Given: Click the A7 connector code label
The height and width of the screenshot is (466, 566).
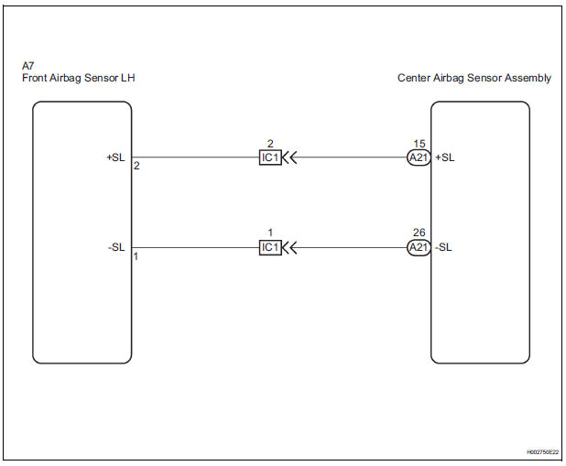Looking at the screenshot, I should [27, 66].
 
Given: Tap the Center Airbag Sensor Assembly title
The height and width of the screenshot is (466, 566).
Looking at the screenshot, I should [474, 79].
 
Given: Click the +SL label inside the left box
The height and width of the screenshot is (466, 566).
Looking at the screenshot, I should [115, 157].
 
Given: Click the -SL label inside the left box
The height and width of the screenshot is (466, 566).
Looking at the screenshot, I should [116, 247].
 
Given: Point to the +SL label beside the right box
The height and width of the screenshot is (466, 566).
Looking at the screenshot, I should [444, 157].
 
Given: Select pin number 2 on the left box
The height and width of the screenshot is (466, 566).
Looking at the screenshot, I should [136, 167].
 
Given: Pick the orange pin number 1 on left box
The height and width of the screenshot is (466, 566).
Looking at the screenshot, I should [136, 257].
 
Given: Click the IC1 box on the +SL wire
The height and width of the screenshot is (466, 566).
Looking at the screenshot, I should [270, 157].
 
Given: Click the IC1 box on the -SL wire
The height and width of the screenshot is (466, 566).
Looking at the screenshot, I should [270, 247].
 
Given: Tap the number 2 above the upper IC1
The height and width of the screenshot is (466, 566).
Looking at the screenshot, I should [270, 144].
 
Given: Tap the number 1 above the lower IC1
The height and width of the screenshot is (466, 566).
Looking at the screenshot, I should [270, 234].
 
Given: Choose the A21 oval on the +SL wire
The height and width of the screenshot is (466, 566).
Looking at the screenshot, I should [419, 157].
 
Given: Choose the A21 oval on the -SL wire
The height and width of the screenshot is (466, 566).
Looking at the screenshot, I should [419, 247].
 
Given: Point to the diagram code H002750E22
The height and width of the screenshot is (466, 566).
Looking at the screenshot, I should [541, 452].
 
